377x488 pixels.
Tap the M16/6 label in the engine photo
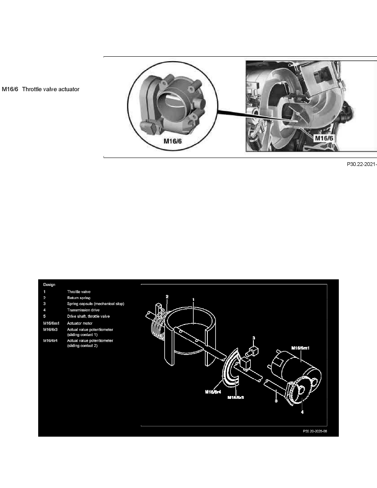(x=324, y=139)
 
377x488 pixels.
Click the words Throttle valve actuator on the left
(x=51, y=89)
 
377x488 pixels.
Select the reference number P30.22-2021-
(x=361, y=164)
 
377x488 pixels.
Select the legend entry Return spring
(x=79, y=297)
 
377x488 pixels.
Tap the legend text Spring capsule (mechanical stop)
(x=96, y=304)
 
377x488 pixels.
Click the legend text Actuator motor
(x=80, y=323)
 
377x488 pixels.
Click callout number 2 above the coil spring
(x=167, y=296)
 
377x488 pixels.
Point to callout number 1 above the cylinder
(x=193, y=299)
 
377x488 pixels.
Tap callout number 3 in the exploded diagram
(x=254, y=338)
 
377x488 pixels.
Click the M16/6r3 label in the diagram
(x=236, y=397)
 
